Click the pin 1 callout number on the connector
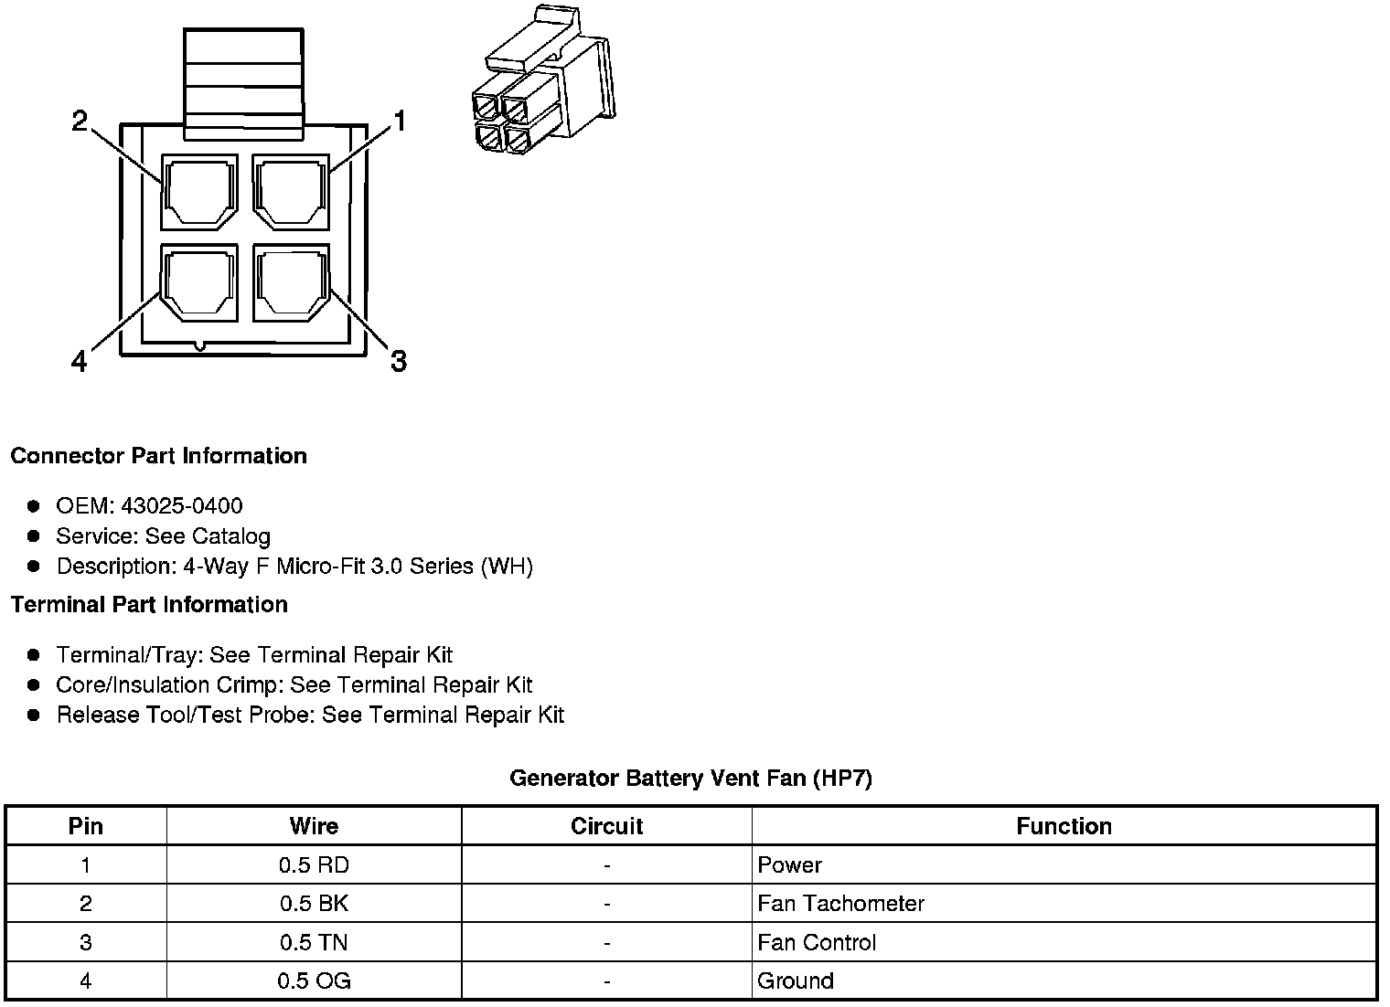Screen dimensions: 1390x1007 pos(399,121)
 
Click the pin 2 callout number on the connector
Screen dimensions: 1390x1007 pos(80,121)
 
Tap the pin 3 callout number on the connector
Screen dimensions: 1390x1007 pos(399,362)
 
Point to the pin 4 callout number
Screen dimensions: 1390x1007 pos(80,363)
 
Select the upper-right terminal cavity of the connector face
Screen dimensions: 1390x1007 pos(291,192)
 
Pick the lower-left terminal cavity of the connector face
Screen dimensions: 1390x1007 pos(199,282)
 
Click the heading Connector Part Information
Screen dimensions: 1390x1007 pos(158,456)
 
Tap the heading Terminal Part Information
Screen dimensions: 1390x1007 pos(149,605)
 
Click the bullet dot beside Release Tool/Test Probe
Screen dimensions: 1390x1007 pos(34,715)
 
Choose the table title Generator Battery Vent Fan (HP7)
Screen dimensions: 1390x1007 pos(690,779)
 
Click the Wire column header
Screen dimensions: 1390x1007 pos(314,826)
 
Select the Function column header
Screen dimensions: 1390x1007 pos(1064,826)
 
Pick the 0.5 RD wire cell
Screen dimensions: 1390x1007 pos(314,865)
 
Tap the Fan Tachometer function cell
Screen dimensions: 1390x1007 pos(840,904)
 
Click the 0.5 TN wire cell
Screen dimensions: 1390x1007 pos(314,942)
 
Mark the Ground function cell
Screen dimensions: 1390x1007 pos(796,981)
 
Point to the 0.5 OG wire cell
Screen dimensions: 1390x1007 pos(314,981)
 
